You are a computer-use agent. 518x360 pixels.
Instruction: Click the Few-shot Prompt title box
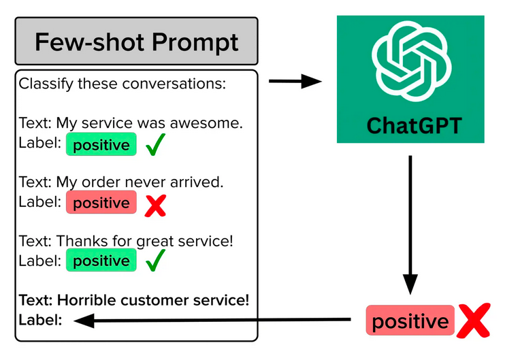[136, 41]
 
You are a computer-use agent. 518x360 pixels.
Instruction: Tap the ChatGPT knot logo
[411, 61]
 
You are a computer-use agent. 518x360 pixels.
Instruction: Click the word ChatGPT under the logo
[415, 126]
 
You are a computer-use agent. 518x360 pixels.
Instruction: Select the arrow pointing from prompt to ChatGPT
[295, 81]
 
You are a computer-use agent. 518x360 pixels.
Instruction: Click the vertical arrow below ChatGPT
[410, 225]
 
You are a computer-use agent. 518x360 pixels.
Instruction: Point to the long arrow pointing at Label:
[212, 320]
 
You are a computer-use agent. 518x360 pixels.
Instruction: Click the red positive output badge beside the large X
[410, 321]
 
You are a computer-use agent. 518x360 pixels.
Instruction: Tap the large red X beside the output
[474, 321]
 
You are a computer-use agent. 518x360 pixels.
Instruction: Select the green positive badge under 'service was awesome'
[101, 144]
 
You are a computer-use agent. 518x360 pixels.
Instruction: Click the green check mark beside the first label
[155, 144]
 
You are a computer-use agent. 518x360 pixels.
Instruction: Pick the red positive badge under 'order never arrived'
[101, 202]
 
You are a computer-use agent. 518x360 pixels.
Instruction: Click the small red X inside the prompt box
[155, 206]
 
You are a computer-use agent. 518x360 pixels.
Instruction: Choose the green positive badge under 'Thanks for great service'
[101, 260]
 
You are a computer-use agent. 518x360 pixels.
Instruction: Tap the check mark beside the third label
[155, 260]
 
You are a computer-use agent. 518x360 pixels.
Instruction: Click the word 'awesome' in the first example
[206, 123]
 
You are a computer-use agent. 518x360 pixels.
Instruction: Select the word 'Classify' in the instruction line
[46, 84]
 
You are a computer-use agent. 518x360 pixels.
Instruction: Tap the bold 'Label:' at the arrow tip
[41, 320]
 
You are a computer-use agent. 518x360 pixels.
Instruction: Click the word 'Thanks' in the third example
[82, 241]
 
